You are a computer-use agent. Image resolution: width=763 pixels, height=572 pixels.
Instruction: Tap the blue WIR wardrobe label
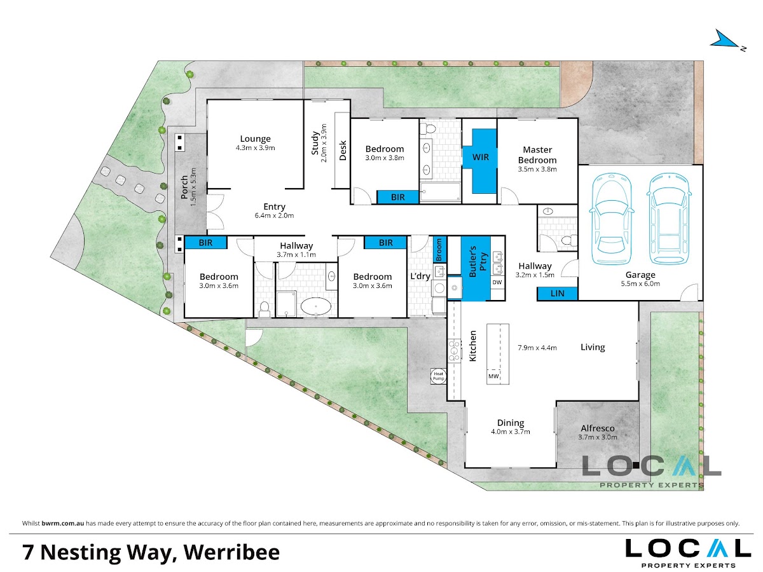click(480, 158)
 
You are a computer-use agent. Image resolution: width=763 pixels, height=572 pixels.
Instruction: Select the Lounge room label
click(255, 139)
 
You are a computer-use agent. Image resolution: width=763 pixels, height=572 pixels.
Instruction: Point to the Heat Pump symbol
click(438, 376)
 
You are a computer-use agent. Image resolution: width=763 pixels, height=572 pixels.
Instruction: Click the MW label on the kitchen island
click(493, 376)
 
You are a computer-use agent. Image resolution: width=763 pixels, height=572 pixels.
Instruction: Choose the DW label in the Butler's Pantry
click(497, 282)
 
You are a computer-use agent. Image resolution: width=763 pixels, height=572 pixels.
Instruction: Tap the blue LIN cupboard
click(557, 294)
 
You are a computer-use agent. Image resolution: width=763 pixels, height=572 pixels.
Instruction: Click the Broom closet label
click(439, 249)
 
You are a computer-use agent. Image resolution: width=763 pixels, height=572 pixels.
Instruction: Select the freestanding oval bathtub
click(315, 306)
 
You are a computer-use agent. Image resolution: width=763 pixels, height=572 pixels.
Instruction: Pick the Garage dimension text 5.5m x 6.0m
click(640, 283)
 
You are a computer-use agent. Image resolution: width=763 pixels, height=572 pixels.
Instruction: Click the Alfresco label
click(598, 428)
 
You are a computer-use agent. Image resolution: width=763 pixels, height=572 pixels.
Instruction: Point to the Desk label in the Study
click(343, 151)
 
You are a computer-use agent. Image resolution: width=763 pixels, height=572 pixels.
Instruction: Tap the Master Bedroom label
click(537, 155)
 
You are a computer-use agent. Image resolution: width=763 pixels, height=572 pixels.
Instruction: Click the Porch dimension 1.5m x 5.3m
click(194, 187)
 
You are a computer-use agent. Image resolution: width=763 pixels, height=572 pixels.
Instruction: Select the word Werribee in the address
click(231, 552)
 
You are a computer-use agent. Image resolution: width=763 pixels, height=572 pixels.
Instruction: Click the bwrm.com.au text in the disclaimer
click(62, 523)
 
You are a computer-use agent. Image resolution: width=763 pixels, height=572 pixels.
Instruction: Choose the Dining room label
click(511, 423)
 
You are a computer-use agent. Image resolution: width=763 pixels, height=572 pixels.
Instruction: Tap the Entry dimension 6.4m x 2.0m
click(274, 215)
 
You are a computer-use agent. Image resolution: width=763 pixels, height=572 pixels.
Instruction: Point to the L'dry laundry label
click(420, 276)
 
